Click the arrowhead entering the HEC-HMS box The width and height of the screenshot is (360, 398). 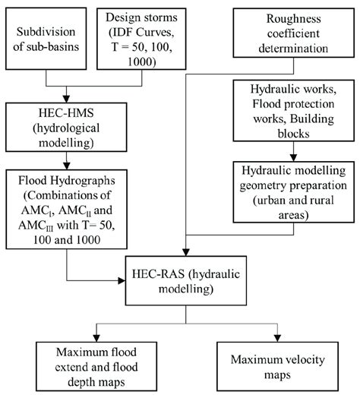tap(66, 98)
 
